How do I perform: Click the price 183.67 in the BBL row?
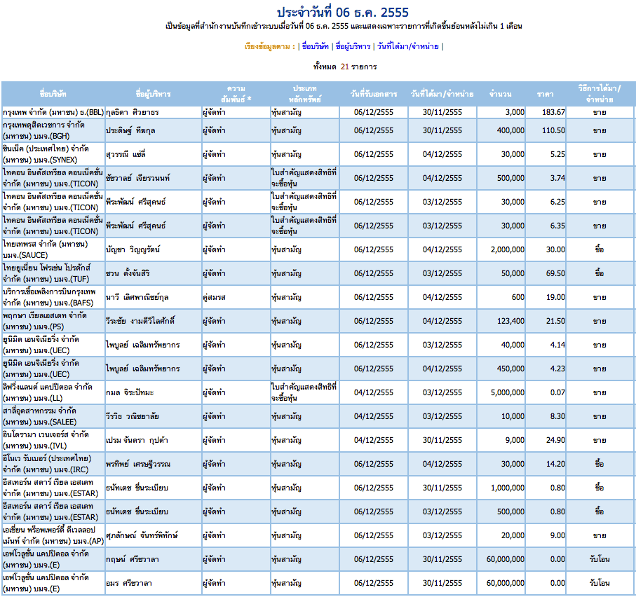click(553, 112)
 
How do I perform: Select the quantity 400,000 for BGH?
click(510, 130)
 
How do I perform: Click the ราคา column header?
click(545, 94)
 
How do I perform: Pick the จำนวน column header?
click(500, 94)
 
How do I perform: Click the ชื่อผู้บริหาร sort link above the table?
click(353, 47)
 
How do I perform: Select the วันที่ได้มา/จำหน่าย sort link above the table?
click(407, 47)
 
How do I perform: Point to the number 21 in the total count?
click(345, 67)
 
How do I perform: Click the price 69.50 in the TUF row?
click(555, 273)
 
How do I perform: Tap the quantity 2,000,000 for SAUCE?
click(508, 249)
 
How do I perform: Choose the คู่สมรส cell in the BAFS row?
click(214, 297)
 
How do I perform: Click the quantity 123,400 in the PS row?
click(510, 321)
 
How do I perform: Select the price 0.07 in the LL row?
click(557, 392)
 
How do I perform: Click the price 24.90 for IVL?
click(555, 440)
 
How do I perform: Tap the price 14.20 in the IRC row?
click(555, 464)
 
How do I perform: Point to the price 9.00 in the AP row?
click(557, 535)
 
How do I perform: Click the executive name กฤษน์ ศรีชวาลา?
click(133, 559)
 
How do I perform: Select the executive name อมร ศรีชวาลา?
click(128, 583)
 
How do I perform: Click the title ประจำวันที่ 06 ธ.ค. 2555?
click(343, 12)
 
